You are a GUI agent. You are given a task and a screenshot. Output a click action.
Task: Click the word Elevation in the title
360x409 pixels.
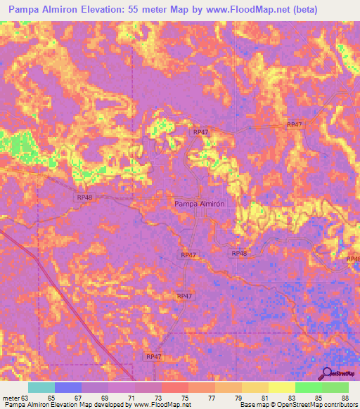pyautogui.click(x=109, y=10)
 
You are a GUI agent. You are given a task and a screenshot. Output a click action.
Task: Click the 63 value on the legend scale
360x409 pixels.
pyautogui.click(x=27, y=398)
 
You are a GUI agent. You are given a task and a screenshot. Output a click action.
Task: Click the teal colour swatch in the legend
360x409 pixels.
pyautogui.click(x=41, y=387)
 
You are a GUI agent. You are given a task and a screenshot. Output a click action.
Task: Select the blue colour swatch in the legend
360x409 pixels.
pyautogui.click(x=68, y=387)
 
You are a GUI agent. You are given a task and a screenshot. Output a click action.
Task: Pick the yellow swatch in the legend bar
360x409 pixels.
pyautogui.click(x=282, y=387)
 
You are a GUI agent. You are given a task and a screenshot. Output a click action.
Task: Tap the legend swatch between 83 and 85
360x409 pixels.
pyautogui.click(x=309, y=387)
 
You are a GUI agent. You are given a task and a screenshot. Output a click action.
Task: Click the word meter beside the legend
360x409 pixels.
pyautogui.click(x=11, y=398)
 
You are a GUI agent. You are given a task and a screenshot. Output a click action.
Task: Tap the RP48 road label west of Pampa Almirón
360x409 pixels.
pyautogui.click(x=84, y=197)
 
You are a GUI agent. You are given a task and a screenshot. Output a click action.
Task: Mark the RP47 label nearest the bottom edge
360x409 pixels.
pyautogui.click(x=154, y=357)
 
